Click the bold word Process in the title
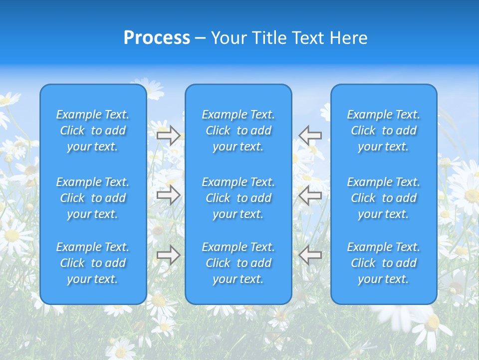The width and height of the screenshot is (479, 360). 157,38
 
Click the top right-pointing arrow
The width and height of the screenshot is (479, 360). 169,135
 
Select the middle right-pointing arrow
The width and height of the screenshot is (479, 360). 169,194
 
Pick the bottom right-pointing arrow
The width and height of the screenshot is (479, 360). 169,255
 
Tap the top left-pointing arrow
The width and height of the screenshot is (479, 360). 310,135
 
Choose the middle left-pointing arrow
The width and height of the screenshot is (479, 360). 310,194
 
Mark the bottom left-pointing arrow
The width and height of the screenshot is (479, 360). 310,255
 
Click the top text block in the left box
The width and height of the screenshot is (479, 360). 93,130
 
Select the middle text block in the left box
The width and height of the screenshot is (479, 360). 93,198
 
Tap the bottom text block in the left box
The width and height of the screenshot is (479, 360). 93,263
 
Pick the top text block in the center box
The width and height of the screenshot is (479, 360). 239,130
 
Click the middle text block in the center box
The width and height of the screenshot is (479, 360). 239,198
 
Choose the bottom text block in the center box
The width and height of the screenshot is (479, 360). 239,263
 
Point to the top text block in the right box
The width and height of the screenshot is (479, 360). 384,130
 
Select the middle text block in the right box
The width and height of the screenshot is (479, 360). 384,198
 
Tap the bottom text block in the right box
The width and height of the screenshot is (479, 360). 384,263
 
